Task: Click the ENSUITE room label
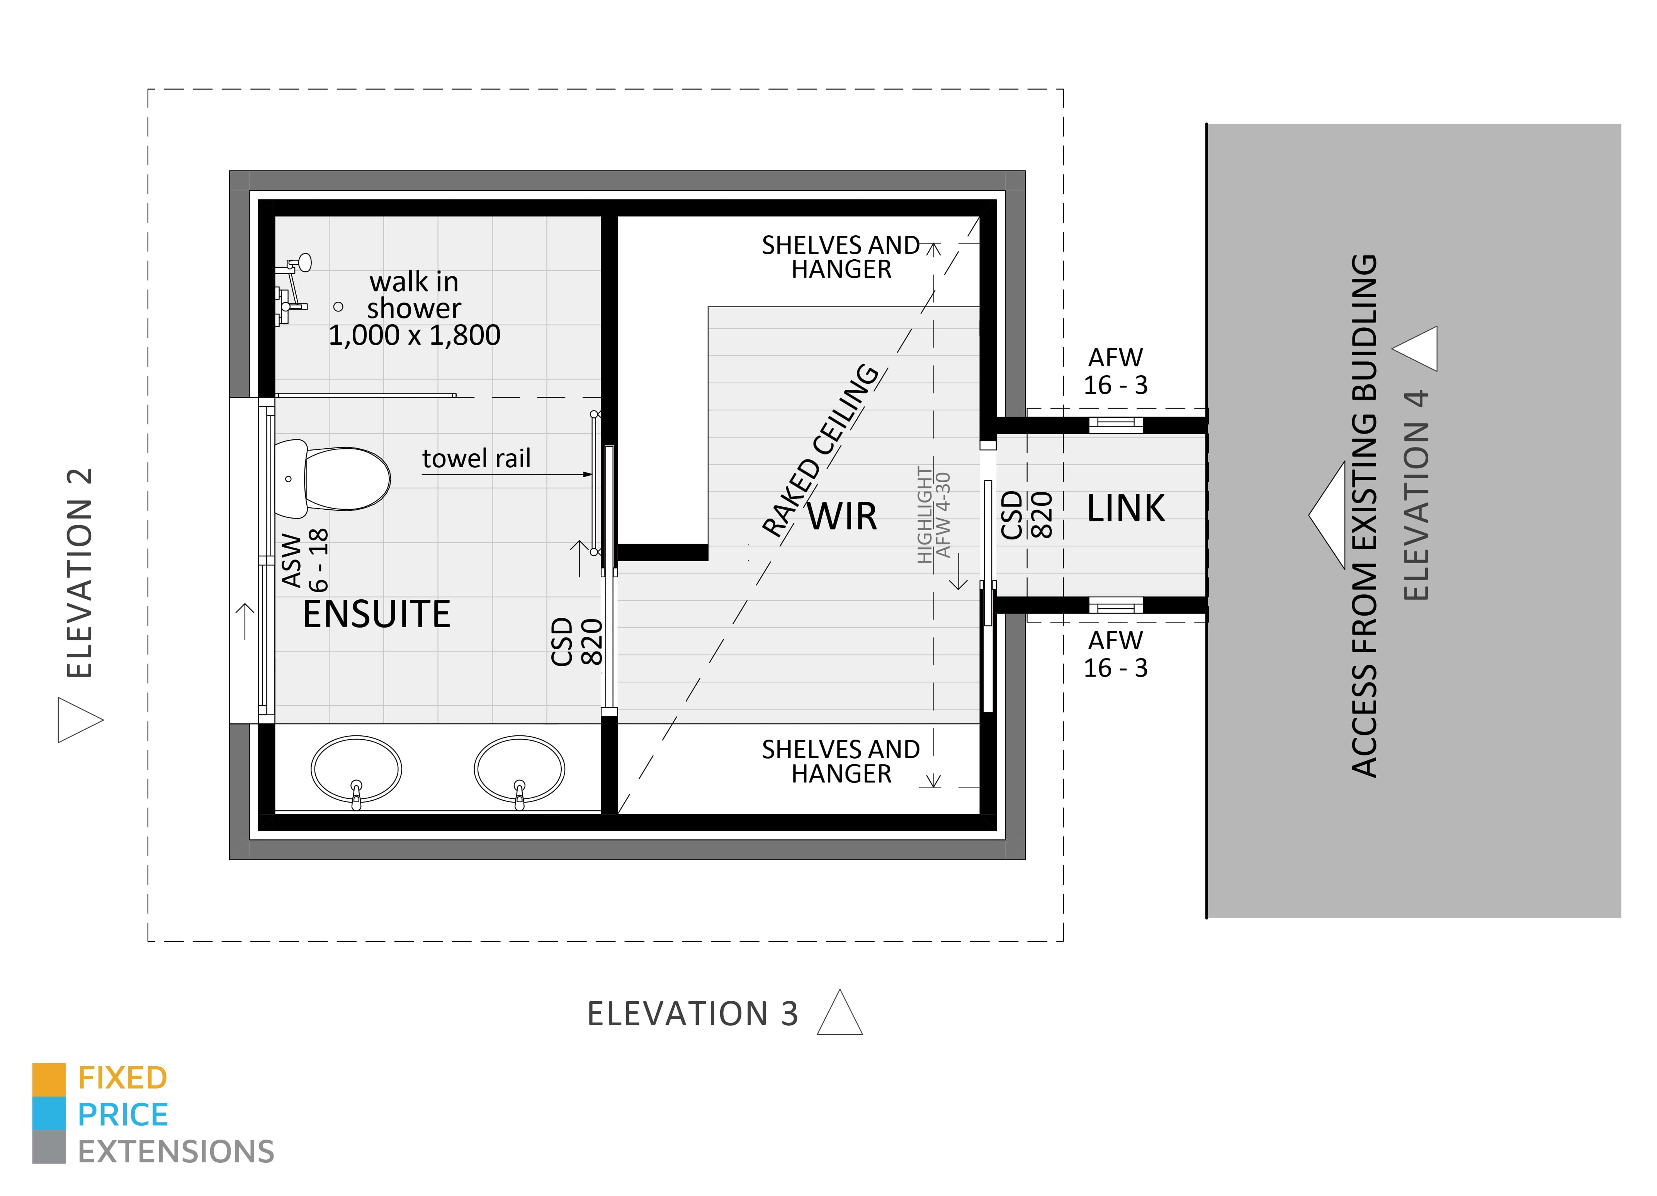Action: point(376,614)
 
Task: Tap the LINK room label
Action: point(1125,509)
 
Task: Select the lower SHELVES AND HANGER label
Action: point(840,761)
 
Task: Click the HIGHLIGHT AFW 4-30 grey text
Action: point(934,515)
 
